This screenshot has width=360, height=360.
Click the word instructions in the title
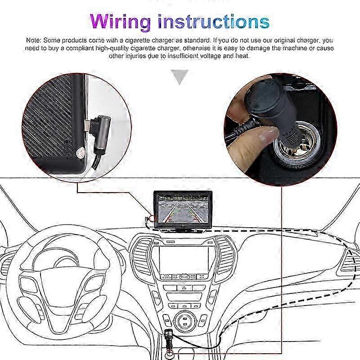214,21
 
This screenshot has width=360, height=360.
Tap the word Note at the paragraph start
33,40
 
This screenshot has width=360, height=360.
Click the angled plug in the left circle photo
99,134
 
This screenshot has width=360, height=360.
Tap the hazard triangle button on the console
184,288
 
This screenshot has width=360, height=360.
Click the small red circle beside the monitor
152,218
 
